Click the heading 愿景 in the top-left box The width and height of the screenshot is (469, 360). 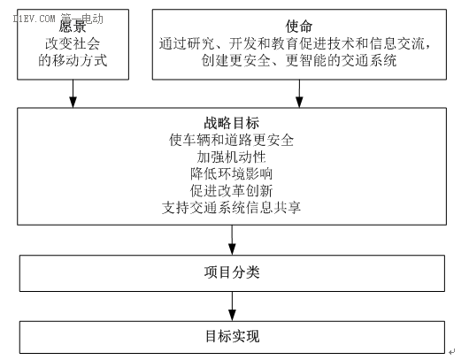(73, 27)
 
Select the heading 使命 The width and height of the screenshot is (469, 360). (299, 27)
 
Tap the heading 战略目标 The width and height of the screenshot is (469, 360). (232, 123)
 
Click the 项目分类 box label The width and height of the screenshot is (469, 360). (232, 272)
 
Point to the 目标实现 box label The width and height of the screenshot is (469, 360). (232, 336)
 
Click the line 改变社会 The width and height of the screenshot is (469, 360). (73, 43)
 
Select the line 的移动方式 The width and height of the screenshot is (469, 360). (73, 60)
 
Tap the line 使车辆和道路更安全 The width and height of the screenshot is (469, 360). (232, 140)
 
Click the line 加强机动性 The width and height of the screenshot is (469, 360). (232, 157)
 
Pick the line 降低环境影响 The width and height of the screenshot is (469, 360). (232, 173)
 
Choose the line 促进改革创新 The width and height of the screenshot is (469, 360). (232, 191)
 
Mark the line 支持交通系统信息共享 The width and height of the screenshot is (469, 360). (232, 208)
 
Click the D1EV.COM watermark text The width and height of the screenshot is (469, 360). (35, 19)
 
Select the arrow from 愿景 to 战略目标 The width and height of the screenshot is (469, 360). (73, 94)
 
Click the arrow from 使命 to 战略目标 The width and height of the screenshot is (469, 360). (299, 94)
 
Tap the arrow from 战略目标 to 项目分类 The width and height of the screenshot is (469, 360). (232, 240)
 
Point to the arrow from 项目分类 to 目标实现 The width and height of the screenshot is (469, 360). (232, 306)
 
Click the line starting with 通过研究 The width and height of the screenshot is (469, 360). (296, 43)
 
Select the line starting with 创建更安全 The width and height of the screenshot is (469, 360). (299, 60)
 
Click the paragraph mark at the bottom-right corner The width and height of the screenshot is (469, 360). (451, 352)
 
